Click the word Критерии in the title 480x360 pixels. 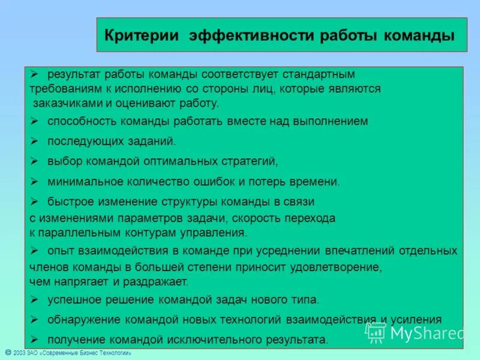point(142,35)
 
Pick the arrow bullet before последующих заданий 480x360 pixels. point(35,141)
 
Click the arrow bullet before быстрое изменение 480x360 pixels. point(35,201)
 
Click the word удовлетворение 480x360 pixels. point(338,267)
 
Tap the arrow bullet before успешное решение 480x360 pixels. point(35,299)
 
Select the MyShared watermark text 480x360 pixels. point(427,332)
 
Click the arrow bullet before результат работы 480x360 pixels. point(35,73)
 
